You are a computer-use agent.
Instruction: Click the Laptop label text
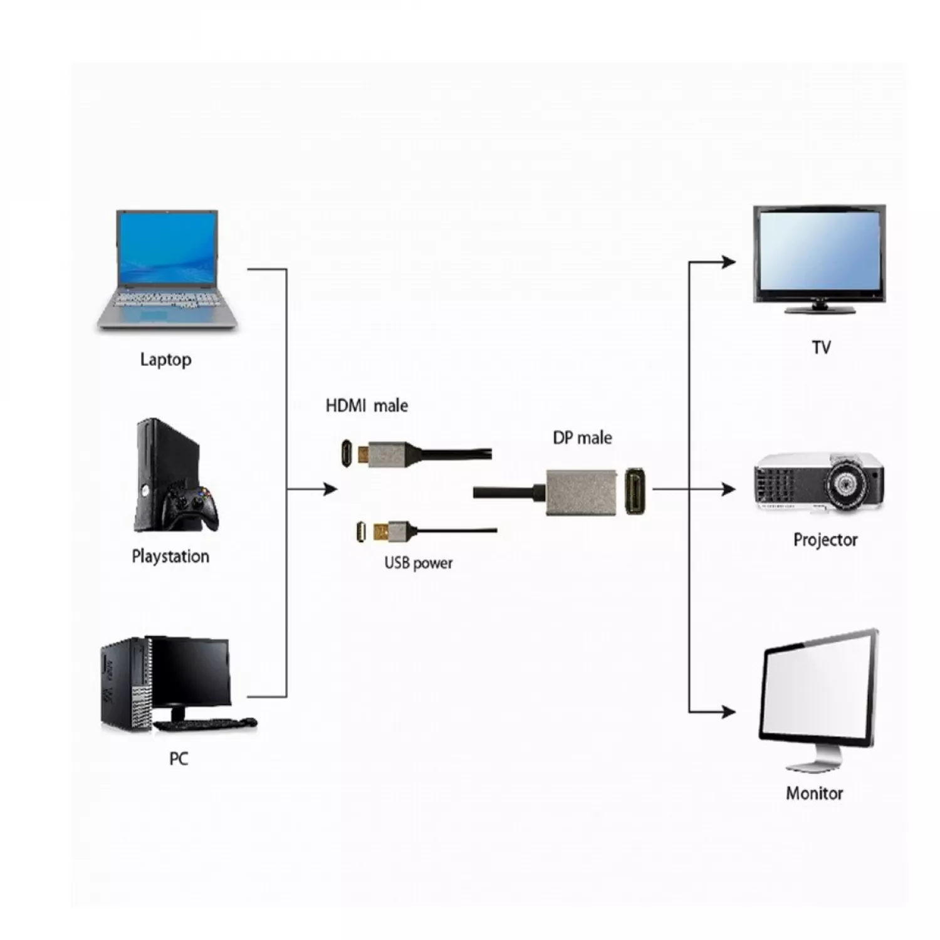165,360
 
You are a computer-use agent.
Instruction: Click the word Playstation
170,556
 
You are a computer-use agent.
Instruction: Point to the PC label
179,759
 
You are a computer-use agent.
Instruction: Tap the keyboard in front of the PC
204,724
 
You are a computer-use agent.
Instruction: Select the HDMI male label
367,406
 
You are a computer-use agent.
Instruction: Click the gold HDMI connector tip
362,453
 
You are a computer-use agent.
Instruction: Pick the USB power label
418,563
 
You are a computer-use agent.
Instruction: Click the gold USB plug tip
380,532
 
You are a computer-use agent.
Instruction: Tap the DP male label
582,438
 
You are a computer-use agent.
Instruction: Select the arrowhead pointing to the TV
729,262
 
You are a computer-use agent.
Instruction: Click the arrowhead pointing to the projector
729,489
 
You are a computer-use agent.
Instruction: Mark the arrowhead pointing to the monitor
729,712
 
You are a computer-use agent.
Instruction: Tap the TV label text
821,347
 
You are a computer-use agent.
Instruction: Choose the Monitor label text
814,793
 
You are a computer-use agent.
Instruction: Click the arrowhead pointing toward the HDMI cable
330,489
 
